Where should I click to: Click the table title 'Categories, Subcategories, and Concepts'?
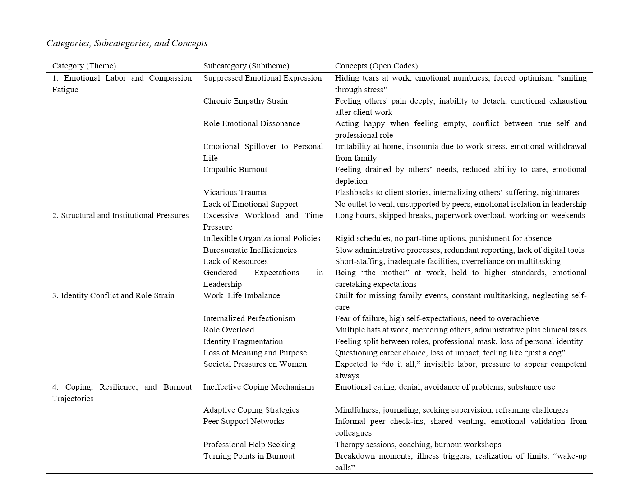127,43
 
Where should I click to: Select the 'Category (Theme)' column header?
84,66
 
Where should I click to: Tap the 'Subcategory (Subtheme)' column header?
246,66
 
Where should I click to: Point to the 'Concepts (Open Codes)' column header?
376,66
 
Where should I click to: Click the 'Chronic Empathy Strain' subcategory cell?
245,101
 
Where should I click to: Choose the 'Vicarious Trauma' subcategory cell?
235,192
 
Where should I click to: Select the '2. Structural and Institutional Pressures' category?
120,215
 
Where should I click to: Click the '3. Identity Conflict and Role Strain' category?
113,295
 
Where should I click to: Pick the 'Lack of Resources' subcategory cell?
235,261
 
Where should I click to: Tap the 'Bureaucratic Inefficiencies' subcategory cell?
250,250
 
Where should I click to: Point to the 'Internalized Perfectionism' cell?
249,318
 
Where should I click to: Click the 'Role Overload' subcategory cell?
228,330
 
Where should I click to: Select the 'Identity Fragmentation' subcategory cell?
243,341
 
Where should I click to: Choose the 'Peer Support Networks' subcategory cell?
244,421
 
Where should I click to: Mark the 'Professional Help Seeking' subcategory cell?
249,445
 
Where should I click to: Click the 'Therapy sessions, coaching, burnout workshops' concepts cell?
418,445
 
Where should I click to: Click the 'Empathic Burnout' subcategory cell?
235,169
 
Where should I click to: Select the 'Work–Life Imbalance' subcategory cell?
241,295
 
